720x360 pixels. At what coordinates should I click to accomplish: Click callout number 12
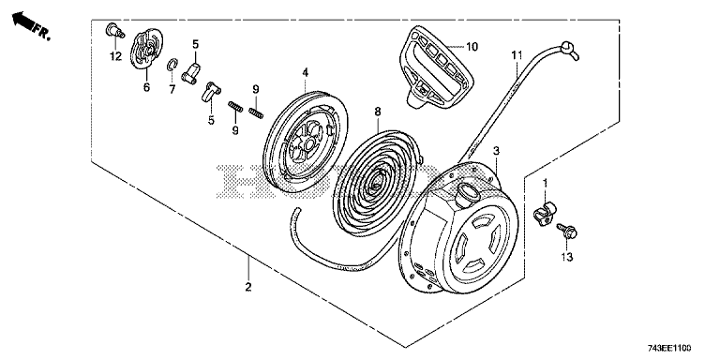tap(115, 56)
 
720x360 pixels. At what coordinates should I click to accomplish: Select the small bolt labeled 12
tap(114, 30)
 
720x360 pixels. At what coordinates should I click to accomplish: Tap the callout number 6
tap(146, 87)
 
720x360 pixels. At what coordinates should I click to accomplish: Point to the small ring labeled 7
tap(171, 65)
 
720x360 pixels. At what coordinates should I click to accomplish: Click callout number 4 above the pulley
tap(305, 72)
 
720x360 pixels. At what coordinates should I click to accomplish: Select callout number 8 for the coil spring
tap(378, 111)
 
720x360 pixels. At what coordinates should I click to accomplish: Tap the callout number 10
tap(472, 46)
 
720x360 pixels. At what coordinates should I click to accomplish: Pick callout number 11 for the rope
tap(517, 56)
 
